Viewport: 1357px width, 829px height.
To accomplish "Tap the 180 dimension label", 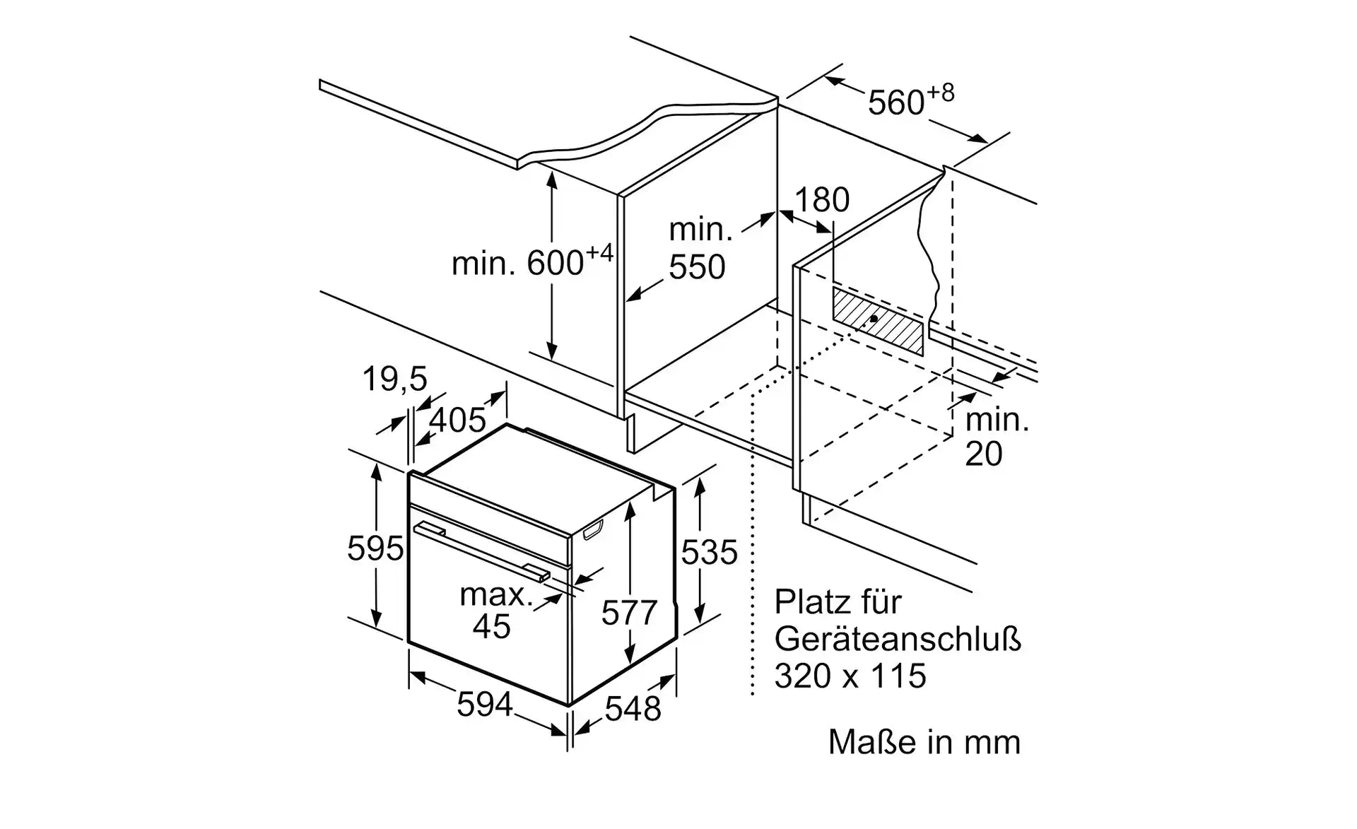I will pos(821,200).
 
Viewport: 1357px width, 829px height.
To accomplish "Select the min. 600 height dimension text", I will pos(531,264).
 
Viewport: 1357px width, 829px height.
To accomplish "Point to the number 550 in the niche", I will pos(697,267).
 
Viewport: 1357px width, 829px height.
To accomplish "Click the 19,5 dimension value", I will pos(394,380).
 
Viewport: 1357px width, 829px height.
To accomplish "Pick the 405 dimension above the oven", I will pos(457,421).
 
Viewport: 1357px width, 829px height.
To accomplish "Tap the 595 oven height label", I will pos(375,549).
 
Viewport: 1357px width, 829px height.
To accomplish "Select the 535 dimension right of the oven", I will pos(709,552).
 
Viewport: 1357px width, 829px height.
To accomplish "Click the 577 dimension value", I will pos(629,613).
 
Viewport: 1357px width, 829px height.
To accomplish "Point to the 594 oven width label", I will pos(484,705).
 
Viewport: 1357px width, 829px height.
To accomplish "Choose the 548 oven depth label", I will pos(633,709).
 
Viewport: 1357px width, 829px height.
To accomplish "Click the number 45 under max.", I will pos(492,627).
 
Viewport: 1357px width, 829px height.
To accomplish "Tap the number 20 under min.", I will pos(983,454).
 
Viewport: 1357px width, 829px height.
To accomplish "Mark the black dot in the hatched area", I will pos(874,319).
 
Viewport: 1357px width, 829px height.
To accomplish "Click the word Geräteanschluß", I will pos(898,640).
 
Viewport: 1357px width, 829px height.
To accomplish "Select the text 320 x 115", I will pos(850,676).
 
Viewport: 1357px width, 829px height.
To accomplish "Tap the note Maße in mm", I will pos(924,743).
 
